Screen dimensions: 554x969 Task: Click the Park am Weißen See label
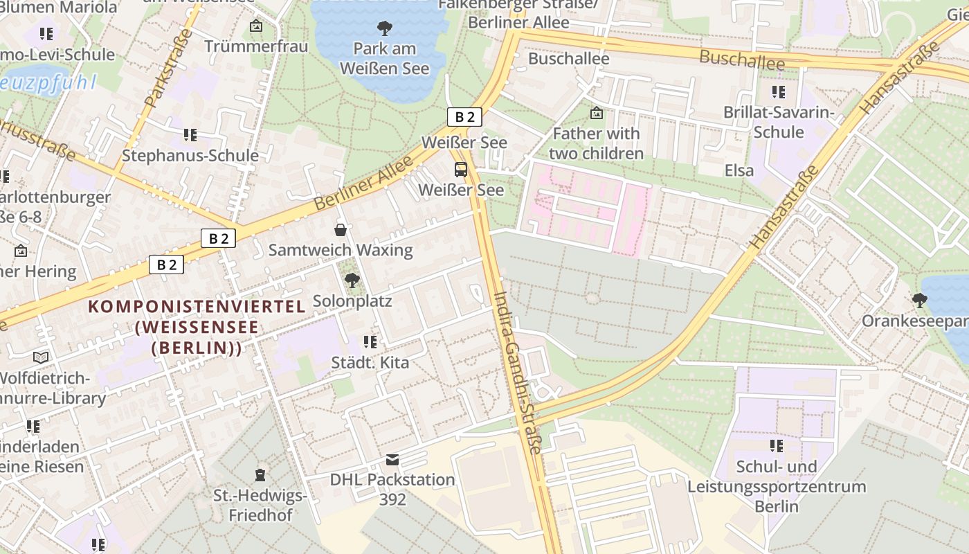click(384, 58)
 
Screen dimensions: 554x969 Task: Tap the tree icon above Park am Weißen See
click(384, 28)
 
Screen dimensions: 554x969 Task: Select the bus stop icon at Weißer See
click(460, 170)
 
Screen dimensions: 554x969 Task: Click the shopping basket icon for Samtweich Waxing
click(341, 229)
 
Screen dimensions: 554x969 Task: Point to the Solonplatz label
click(352, 301)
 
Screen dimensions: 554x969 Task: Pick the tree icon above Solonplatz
click(352, 280)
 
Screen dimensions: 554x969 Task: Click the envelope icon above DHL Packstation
click(392, 460)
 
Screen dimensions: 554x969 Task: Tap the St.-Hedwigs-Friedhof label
click(260, 506)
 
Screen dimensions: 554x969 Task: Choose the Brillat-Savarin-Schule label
click(779, 122)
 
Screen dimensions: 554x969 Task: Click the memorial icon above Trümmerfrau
click(256, 26)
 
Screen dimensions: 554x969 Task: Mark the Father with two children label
click(597, 143)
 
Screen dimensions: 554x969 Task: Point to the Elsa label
click(739, 170)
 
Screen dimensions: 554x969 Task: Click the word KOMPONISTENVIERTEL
click(197, 306)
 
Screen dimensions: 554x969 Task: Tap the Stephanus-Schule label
click(190, 155)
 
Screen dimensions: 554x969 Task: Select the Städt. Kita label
click(370, 362)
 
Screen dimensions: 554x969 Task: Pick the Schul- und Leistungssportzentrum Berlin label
click(777, 486)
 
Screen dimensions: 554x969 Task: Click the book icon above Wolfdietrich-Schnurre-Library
click(42, 357)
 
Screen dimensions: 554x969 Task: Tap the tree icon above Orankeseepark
click(919, 301)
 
